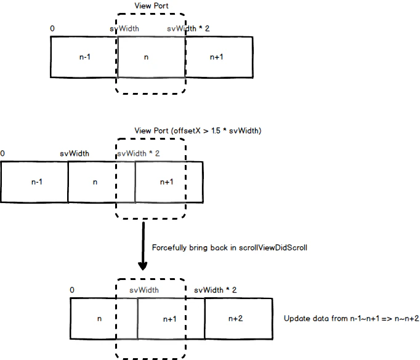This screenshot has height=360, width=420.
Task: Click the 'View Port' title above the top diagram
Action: [151, 6]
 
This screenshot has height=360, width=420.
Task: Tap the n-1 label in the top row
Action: [85, 57]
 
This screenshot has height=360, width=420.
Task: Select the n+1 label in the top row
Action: [216, 57]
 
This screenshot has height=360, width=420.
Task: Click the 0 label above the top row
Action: [52, 28]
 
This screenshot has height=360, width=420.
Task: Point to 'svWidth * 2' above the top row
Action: [188, 29]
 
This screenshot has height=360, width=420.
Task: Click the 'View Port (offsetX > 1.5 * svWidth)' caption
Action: [198, 131]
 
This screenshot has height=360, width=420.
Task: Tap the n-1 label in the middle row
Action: [37, 182]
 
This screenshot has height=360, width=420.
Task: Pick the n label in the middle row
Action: [95, 183]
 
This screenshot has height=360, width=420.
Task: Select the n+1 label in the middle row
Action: [167, 182]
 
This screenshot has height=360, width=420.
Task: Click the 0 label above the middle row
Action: [2, 153]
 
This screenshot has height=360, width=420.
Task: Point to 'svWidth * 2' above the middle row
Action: [139, 154]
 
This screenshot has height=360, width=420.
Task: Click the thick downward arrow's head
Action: [143, 266]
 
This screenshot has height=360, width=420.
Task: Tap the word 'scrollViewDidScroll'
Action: [273, 247]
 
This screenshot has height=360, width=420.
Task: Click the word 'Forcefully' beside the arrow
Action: [169, 248]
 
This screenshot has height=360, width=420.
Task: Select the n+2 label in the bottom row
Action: [235, 319]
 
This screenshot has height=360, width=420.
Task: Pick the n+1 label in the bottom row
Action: [170, 319]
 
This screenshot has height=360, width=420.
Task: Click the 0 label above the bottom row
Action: [72, 290]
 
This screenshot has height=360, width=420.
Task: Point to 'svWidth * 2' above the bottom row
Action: [216, 290]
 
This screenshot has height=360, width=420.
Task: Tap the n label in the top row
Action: [146, 57]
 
